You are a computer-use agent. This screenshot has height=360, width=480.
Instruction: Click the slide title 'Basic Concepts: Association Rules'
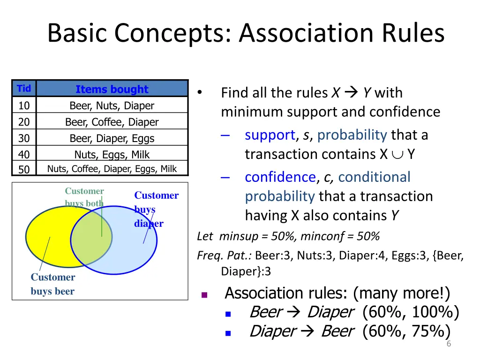click(246, 33)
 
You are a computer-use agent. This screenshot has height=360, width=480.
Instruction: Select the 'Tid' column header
click(24, 89)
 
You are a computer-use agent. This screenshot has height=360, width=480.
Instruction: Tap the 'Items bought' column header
click(112, 89)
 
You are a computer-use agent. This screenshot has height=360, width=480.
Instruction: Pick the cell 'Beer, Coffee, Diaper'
click(112, 122)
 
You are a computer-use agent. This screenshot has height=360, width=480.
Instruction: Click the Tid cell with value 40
click(24, 155)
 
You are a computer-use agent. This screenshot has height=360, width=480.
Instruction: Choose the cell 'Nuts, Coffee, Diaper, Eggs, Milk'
click(112, 169)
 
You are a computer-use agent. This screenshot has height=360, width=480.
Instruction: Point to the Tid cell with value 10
click(24, 106)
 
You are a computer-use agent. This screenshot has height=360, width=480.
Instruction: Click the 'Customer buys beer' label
click(52, 284)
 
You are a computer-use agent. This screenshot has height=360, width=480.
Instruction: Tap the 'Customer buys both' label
click(84, 197)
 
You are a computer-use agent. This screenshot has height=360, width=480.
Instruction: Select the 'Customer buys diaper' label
click(156, 209)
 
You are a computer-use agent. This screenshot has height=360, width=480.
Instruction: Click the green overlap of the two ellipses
click(92, 240)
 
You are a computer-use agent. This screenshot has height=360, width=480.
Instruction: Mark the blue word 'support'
click(270, 135)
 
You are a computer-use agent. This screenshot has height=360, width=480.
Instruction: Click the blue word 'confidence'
click(280, 177)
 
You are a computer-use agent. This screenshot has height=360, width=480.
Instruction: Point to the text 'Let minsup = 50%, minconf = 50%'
click(288, 236)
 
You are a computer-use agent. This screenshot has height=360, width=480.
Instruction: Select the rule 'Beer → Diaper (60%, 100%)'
click(354, 312)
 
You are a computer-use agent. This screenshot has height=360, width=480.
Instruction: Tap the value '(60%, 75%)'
click(406, 331)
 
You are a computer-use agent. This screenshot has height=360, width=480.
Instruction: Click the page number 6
click(449, 345)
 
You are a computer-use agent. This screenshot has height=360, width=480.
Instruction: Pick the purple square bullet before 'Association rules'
click(204, 295)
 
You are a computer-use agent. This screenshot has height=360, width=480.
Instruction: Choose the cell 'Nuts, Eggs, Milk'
click(112, 155)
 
